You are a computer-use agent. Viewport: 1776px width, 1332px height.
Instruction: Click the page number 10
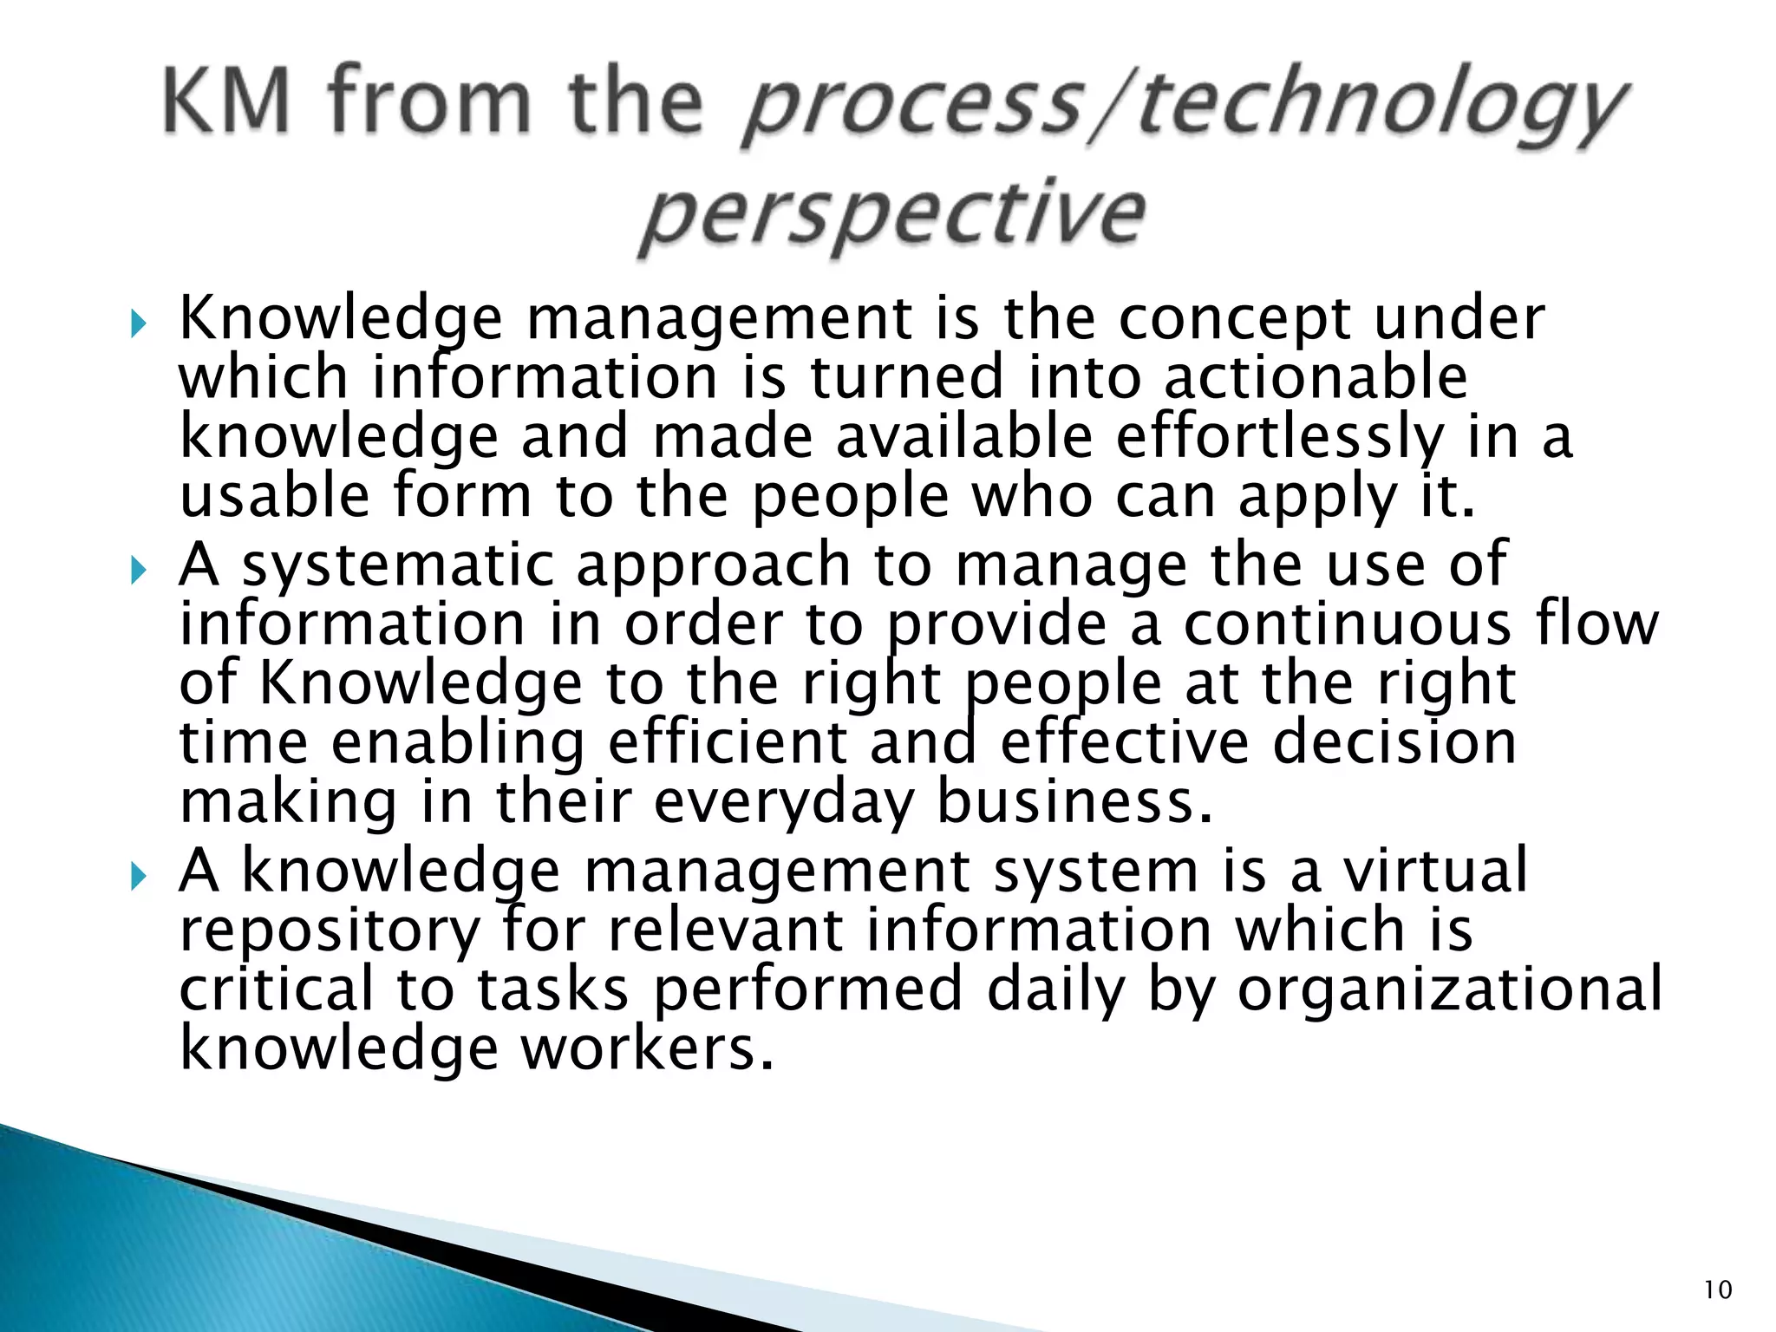point(1717,1290)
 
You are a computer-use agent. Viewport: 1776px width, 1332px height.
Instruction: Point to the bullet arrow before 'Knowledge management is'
point(139,325)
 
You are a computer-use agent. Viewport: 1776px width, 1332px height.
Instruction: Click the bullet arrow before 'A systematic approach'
point(139,571)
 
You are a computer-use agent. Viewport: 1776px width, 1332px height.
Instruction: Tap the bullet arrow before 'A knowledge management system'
point(139,878)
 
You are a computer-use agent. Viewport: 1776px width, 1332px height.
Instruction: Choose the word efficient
point(728,743)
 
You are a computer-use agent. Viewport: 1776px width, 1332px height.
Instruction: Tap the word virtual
point(1435,871)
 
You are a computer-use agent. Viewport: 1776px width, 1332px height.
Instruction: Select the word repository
point(330,933)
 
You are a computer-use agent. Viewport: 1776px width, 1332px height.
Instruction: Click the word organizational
point(1449,989)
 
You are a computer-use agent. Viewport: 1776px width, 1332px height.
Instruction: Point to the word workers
point(646,1048)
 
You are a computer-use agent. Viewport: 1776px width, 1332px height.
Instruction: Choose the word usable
point(274,495)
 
